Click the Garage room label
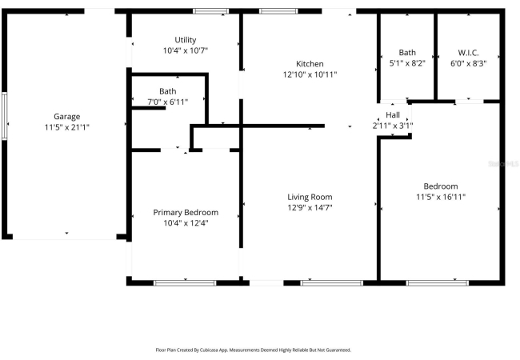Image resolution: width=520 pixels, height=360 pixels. coord(66,117)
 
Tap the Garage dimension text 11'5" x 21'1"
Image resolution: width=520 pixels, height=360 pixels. coord(67,127)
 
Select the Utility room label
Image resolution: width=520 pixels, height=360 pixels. coord(186,40)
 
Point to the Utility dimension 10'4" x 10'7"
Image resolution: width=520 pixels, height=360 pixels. coord(186,50)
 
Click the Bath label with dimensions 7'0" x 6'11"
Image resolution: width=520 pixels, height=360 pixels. coord(168,91)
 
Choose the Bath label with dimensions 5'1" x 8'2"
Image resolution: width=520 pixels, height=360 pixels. coord(407,52)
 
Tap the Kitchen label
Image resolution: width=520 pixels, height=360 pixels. coord(310,64)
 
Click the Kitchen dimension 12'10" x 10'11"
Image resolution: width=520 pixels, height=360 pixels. coord(310,74)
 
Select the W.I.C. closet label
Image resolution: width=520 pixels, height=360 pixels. coord(468,52)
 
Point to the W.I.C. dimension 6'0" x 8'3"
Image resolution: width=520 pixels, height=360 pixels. coord(468,63)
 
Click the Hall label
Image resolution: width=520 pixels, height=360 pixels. coord(393,115)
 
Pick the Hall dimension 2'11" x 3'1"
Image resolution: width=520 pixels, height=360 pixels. coord(393,126)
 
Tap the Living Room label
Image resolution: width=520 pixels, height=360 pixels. coord(310,197)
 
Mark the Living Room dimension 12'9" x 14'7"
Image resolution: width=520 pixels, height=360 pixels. coord(310,207)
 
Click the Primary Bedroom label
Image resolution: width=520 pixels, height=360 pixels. coord(186,213)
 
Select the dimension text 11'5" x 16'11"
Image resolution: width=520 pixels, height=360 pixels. coord(441,197)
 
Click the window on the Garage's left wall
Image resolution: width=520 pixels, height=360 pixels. coord(4,116)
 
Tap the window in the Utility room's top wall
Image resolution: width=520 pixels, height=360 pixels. coord(211,11)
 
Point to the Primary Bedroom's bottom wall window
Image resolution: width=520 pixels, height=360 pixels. coord(185,282)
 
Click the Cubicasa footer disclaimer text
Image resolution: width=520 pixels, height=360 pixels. coord(254,350)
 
